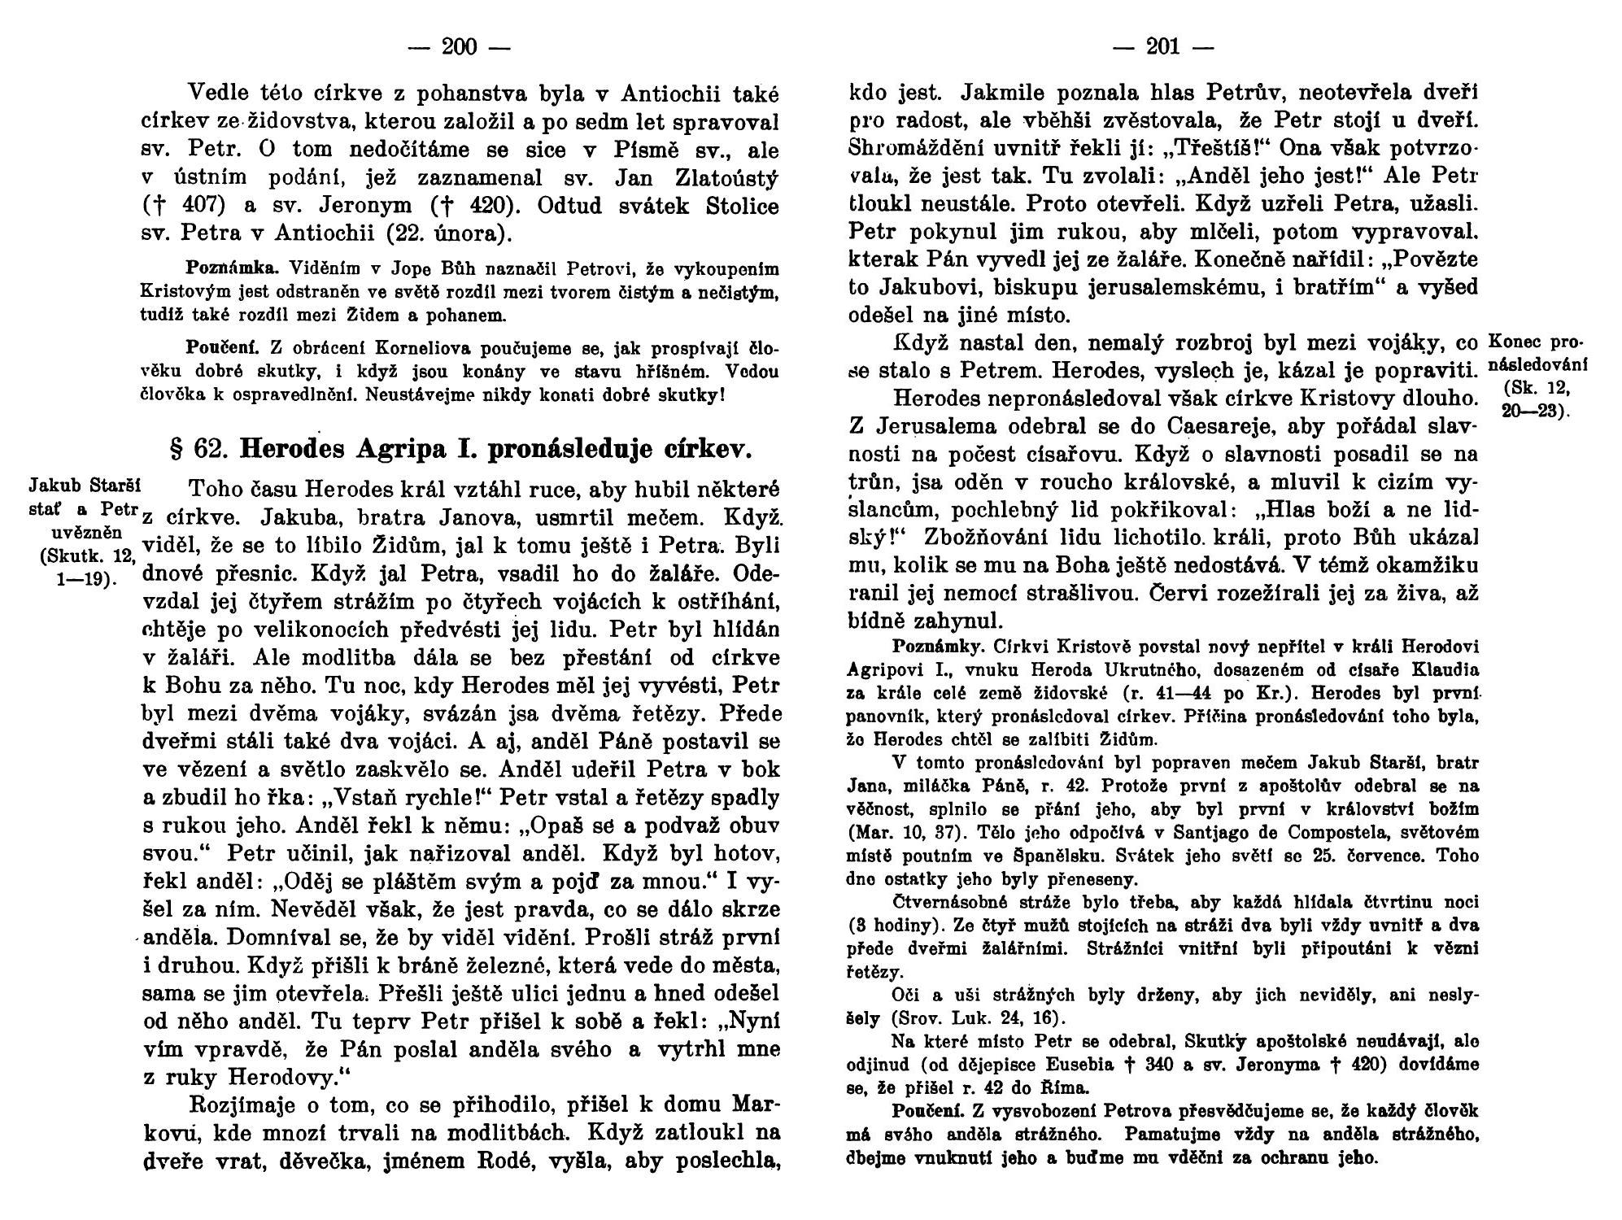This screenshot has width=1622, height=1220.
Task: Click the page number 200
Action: click(x=459, y=47)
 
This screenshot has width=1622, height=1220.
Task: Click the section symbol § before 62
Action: click(x=172, y=449)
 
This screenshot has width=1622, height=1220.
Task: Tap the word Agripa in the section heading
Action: click(x=412, y=449)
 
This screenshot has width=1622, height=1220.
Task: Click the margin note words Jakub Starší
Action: click(x=85, y=486)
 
